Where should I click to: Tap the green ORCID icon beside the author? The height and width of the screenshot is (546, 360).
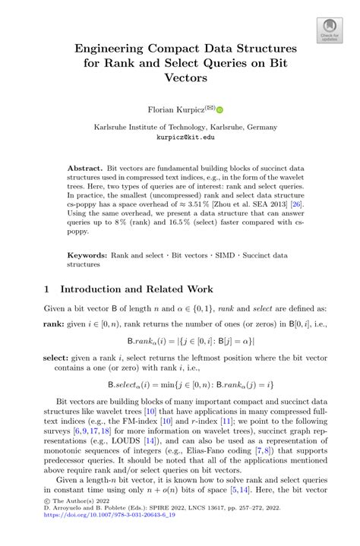pos(221,111)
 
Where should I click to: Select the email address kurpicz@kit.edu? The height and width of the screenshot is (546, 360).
pos(185,137)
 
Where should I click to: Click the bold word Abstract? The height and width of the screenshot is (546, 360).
pos(85,165)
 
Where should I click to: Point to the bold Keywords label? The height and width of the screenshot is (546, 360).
pos(87,256)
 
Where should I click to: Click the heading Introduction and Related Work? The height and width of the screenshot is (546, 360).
pos(137,289)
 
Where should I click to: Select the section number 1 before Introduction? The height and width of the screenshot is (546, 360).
pos(47,289)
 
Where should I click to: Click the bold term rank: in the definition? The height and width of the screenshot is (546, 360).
pos(57,324)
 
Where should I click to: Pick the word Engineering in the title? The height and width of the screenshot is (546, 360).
pos(116,49)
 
